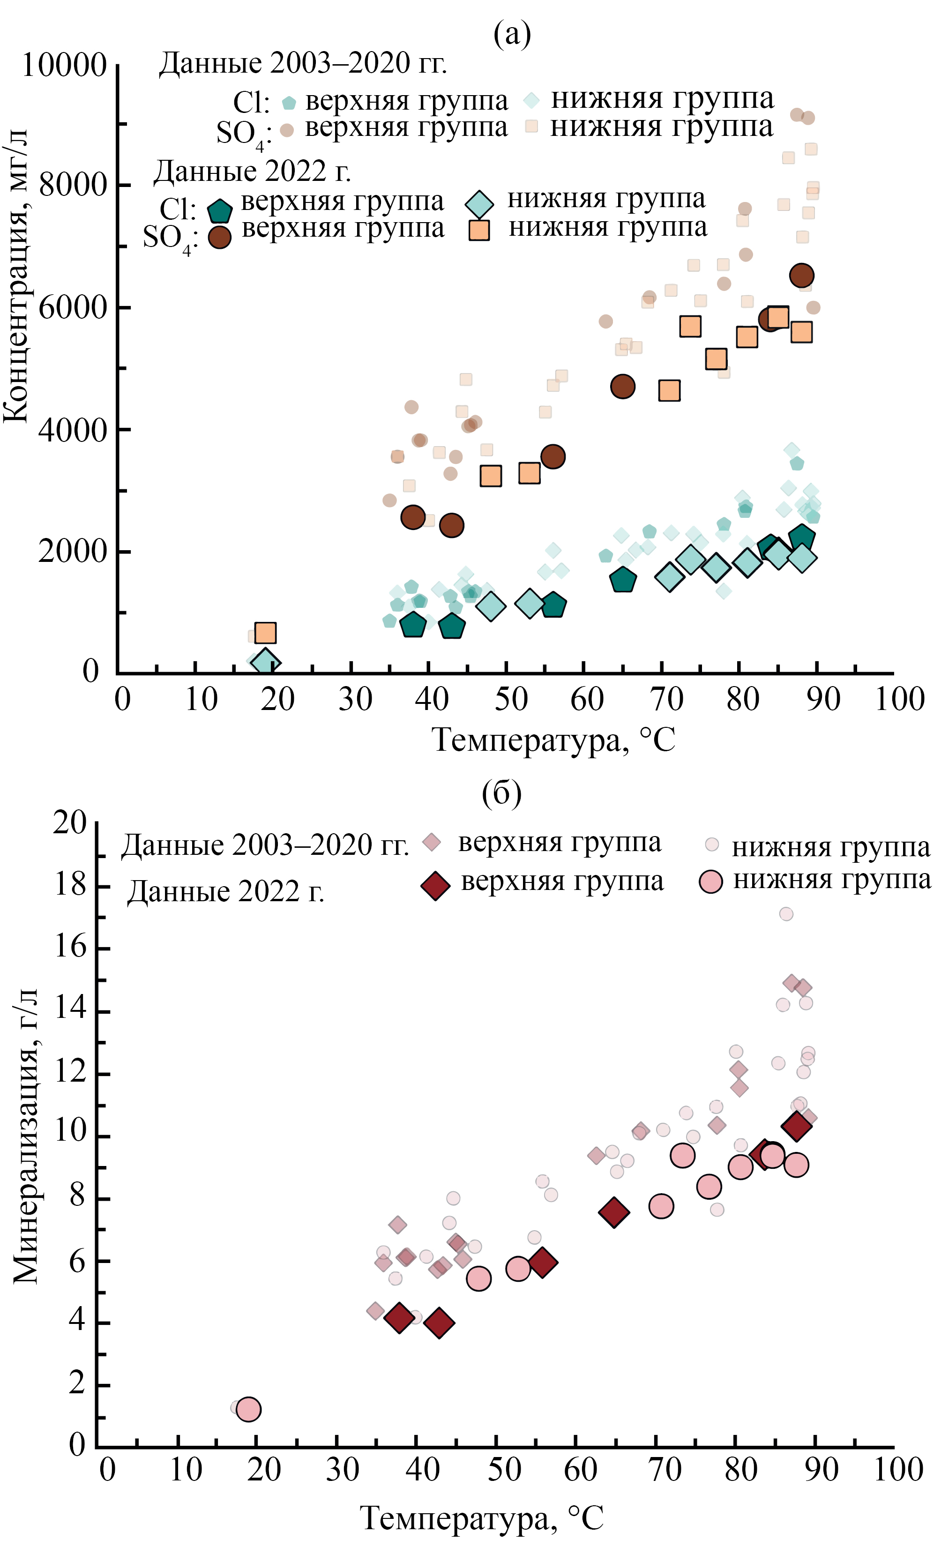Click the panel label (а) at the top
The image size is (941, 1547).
pyautogui.click(x=512, y=34)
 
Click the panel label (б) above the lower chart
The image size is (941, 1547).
pyautogui.click(x=501, y=792)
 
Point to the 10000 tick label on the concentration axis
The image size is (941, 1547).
pyautogui.click(x=64, y=65)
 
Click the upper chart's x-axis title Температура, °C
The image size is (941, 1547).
pyautogui.click(x=553, y=740)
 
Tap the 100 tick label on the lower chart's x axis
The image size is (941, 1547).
pyautogui.click(x=898, y=1470)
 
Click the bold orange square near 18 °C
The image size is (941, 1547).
pyautogui.click(x=266, y=632)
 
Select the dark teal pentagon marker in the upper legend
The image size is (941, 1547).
pyautogui.click(x=220, y=210)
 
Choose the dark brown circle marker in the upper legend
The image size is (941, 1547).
pyautogui.click(x=220, y=237)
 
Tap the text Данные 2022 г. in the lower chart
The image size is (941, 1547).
pyautogui.click(x=226, y=891)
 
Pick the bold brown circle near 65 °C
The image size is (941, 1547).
pyautogui.click(x=622, y=387)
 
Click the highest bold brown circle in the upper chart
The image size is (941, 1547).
pyautogui.click(x=802, y=275)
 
